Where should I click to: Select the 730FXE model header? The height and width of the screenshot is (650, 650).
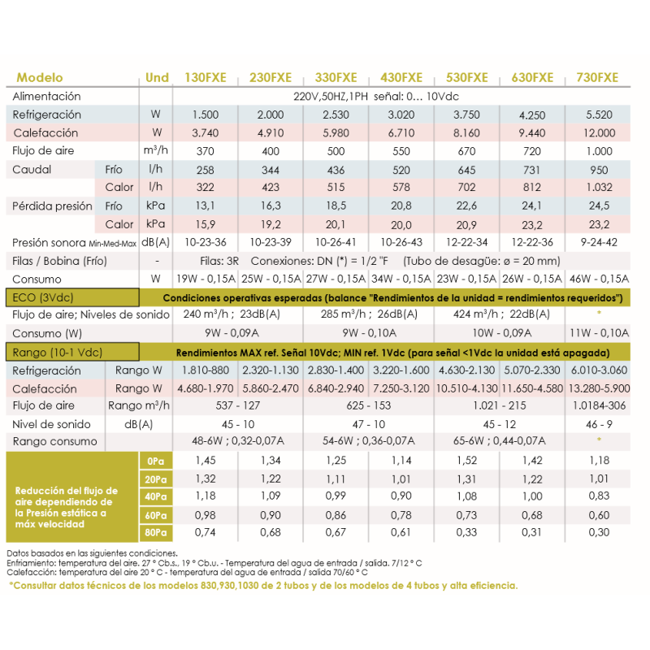pyautogui.click(x=596, y=78)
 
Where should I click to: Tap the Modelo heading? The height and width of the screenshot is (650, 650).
pyautogui.click(x=40, y=78)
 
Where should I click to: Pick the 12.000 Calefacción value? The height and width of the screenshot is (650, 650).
pyautogui.click(x=597, y=133)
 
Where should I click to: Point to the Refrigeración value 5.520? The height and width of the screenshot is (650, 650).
pyautogui.click(x=597, y=115)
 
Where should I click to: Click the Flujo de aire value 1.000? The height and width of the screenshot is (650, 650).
pyautogui.click(x=597, y=151)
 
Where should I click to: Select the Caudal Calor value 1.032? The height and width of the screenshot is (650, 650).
pyautogui.click(x=597, y=188)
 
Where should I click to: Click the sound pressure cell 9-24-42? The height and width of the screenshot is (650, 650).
pyautogui.click(x=597, y=243)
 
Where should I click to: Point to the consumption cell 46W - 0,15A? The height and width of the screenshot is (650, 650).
pyautogui.click(x=597, y=279)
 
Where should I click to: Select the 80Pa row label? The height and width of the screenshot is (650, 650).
pyautogui.click(x=156, y=533)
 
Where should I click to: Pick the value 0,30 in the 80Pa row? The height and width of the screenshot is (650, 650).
pyautogui.click(x=597, y=533)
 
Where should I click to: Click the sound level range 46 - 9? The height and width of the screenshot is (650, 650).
pyautogui.click(x=597, y=424)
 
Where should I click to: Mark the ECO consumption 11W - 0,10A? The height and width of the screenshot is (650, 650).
pyautogui.click(x=597, y=332)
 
